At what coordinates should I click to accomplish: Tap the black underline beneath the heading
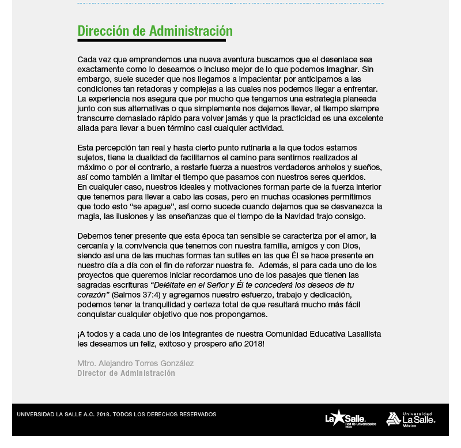tap(151, 40)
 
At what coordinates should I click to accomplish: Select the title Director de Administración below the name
tap(126, 373)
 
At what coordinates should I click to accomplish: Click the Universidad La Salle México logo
tap(410, 419)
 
